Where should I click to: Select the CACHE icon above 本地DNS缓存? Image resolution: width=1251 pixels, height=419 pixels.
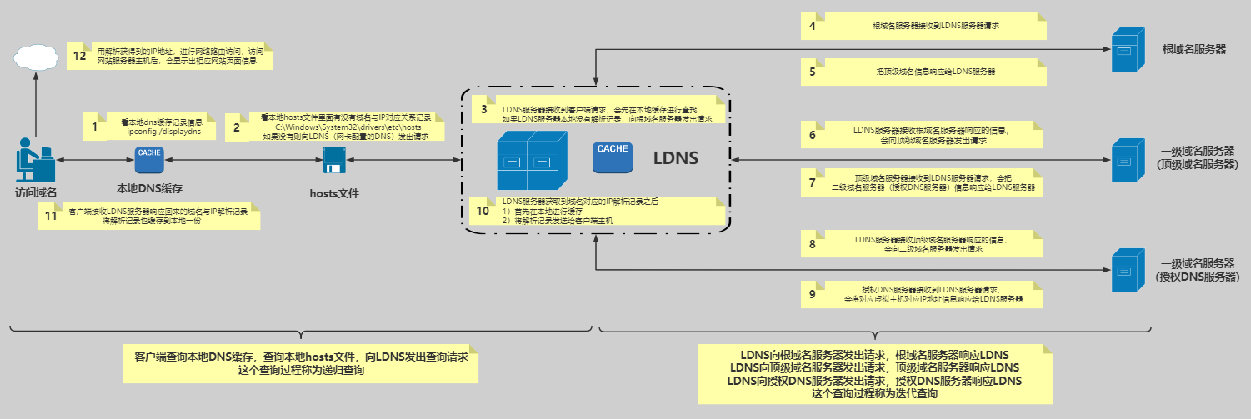tap(150, 157)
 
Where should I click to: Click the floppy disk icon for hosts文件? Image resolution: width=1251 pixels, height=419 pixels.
tap(335, 160)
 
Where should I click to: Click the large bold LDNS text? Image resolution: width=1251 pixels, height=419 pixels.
tap(675, 158)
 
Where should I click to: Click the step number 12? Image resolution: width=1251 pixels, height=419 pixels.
tap(80, 56)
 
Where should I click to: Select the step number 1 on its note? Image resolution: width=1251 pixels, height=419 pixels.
tap(94, 127)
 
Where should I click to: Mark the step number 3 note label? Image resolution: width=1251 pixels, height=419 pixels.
tap(483, 109)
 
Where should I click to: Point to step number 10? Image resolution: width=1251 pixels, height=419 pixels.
tap(483, 211)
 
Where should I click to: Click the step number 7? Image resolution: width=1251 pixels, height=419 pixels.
tap(813, 182)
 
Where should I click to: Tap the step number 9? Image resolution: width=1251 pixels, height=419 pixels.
tap(813, 293)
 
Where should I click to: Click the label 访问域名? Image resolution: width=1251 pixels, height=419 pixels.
tap(35, 193)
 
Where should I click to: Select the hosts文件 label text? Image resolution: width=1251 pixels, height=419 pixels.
tap(334, 193)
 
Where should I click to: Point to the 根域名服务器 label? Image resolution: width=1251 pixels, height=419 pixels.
tap(1193, 49)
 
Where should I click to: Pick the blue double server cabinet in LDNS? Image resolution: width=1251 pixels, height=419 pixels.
tap(526, 159)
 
